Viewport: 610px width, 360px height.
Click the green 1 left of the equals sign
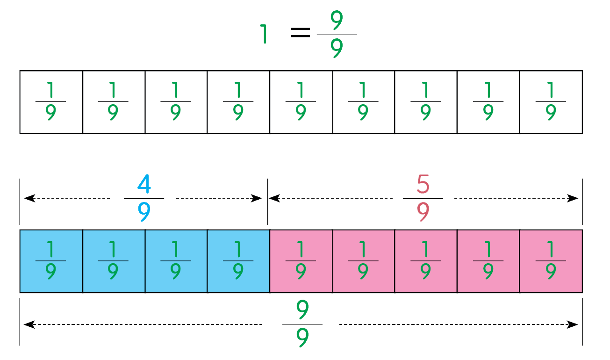pos(265,34)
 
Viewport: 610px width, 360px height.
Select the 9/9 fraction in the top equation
pos(337,35)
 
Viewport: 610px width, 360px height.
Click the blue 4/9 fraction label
pos(144,198)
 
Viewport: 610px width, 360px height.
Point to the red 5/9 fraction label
pos(423,198)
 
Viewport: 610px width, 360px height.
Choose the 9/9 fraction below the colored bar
pos(302,324)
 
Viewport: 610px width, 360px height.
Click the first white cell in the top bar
pos(51,102)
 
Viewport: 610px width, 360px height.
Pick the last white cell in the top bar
pos(551,102)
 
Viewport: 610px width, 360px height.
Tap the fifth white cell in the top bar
pos(301,102)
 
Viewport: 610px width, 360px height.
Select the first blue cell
pos(51,261)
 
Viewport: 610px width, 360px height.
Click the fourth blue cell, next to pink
pos(238,261)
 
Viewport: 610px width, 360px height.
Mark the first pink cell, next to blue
pos(301,261)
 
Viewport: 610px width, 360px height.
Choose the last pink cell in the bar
pos(551,261)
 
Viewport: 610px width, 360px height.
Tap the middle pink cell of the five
pos(426,261)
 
